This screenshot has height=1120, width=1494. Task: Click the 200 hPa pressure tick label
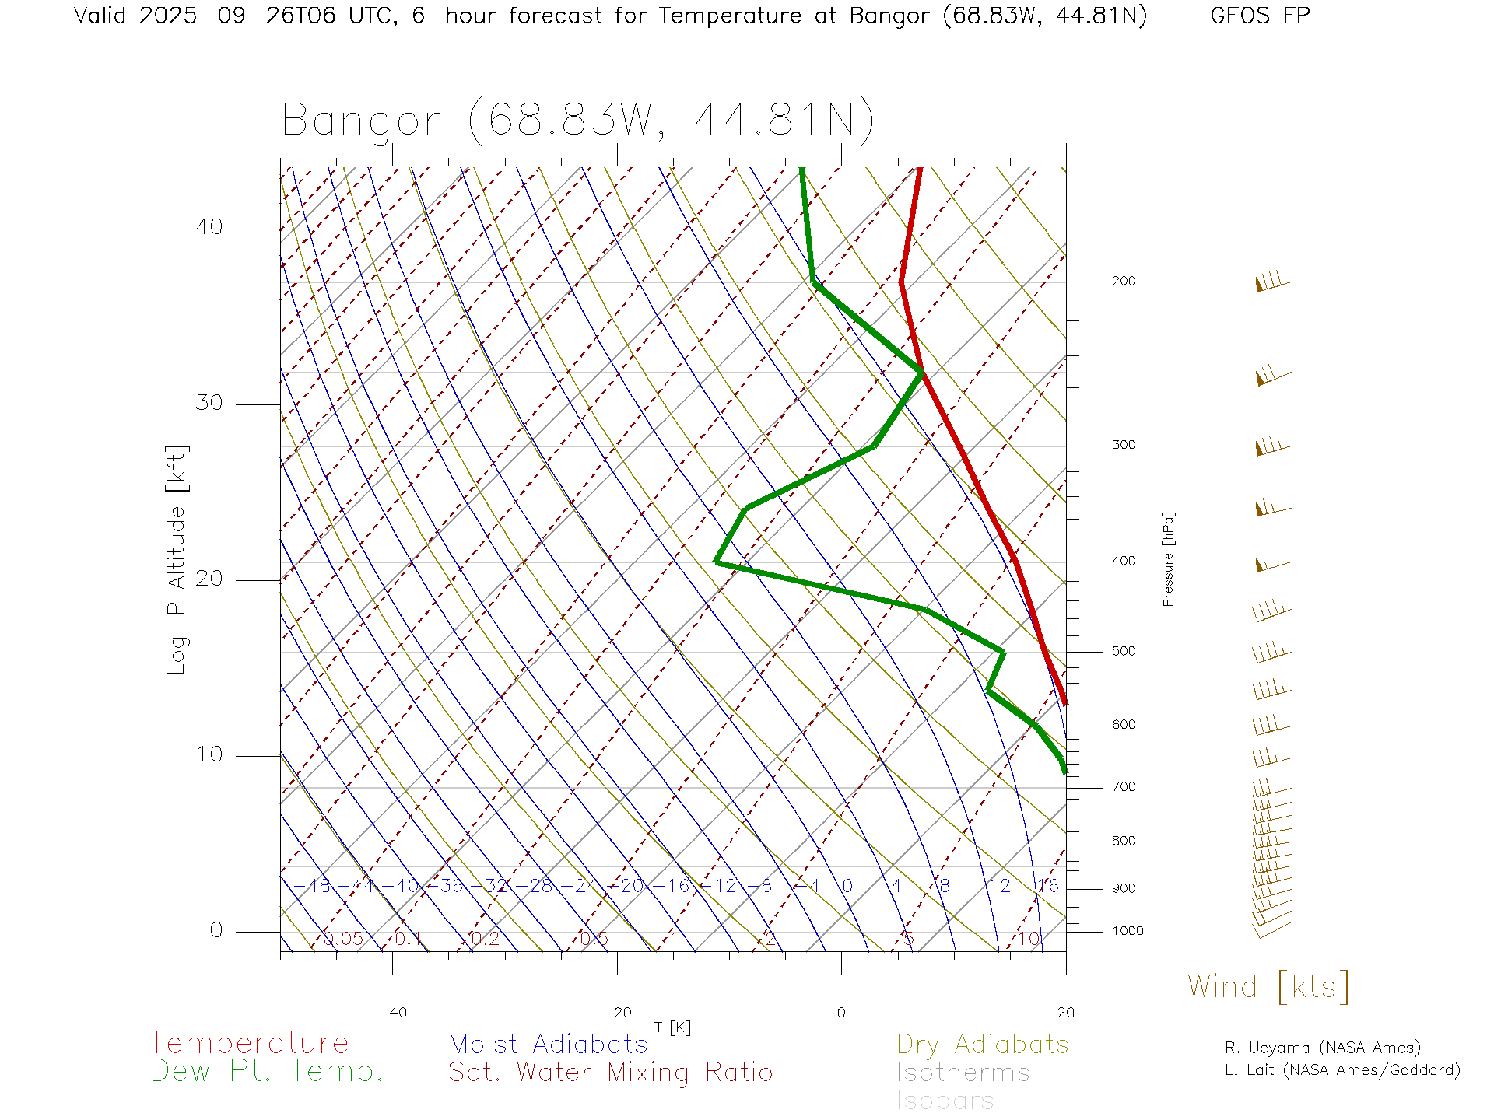click(x=1123, y=282)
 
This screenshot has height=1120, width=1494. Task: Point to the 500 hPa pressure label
click(x=1123, y=652)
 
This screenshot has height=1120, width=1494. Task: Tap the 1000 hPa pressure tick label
click(x=1127, y=931)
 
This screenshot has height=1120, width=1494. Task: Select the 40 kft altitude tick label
click(x=209, y=227)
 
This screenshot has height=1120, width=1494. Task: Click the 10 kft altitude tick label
click(x=209, y=754)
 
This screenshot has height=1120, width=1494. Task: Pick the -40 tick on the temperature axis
click(x=392, y=1013)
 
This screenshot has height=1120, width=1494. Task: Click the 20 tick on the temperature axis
click(x=1065, y=1013)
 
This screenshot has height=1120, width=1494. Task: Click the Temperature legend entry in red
click(x=249, y=1043)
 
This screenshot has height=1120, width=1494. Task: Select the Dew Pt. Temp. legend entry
click(x=267, y=1072)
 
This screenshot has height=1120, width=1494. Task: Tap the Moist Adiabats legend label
click(x=548, y=1044)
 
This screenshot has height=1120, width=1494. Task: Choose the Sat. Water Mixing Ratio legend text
click(x=610, y=1073)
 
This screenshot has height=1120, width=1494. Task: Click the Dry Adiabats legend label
click(x=983, y=1044)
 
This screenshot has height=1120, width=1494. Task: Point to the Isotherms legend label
click(x=963, y=1073)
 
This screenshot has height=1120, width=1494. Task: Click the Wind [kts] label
click(x=1268, y=987)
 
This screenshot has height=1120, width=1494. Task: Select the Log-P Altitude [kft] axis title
click(x=177, y=560)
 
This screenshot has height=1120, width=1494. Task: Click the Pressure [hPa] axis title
click(x=1168, y=558)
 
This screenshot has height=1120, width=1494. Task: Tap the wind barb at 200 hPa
click(x=1273, y=282)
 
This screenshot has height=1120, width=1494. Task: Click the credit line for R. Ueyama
click(x=1322, y=1048)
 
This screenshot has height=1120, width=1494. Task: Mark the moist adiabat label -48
click(x=318, y=886)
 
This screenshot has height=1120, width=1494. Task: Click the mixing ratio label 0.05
click(x=343, y=939)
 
